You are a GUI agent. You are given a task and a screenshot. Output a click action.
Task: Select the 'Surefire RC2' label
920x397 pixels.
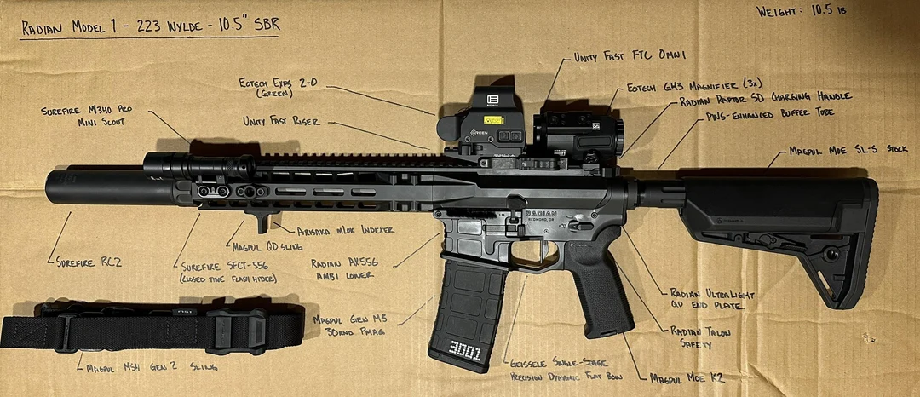(89, 262)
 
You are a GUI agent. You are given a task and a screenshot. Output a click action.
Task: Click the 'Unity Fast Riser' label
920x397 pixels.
(281, 122)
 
